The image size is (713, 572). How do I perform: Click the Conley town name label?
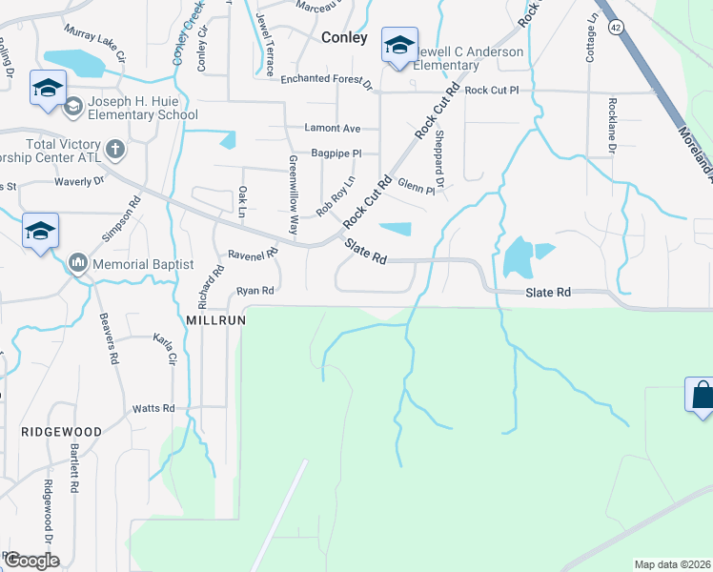(x=344, y=38)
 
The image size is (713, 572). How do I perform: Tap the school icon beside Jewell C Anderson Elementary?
(x=399, y=45)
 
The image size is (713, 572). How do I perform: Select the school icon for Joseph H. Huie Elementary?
(x=46, y=88)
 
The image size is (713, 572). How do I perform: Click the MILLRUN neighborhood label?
(x=216, y=321)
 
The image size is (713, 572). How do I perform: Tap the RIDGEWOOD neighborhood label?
(x=61, y=432)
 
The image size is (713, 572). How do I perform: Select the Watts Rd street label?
(x=153, y=408)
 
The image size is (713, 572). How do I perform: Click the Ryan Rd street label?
(x=255, y=290)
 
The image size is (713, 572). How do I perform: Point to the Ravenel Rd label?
(x=253, y=255)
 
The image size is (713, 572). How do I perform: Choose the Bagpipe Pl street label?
(x=336, y=153)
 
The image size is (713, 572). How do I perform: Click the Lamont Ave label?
(x=333, y=128)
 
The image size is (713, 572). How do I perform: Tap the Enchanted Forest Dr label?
(x=326, y=79)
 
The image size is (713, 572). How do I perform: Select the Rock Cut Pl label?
(x=492, y=91)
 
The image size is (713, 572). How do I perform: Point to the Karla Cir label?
(x=165, y=349)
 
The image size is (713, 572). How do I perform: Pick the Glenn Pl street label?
(x=417, y=186)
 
